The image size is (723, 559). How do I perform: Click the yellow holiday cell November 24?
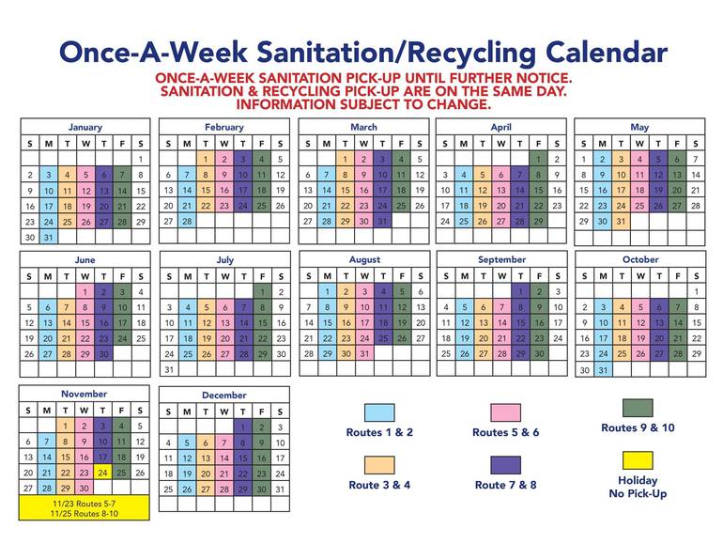pyautogui.click(x=102, y=473)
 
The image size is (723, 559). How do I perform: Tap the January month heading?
pyautogui.click(x=85, y=127)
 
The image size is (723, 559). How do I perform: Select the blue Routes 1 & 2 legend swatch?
pyautogui.click(x=379, y=411)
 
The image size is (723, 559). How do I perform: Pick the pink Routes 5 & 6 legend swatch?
pyautogui.click(x=505, y=411)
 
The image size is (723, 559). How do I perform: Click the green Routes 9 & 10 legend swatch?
pyautogui.click(x=638, y=408)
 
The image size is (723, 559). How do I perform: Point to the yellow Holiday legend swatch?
pyautogui.click(x=638, y=460)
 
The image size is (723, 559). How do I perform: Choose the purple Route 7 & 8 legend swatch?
pyautogui.click(x=505, y=464)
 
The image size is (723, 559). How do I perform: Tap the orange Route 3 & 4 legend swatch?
pyautogui.click(x=379, y=464)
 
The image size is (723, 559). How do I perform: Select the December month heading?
pyautogui.click(x=223, y=395)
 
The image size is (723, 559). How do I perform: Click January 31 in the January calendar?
pyautogui.click(x=48, y=237)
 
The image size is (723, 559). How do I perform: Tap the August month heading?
pyautogui.click(x=363, y=259)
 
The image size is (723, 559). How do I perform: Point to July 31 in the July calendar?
pyautogui.click(x=169, y=369)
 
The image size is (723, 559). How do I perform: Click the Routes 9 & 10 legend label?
pyautogui.click(x=638, y=428)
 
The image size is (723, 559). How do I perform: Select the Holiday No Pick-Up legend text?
pyautogui.click(x=638, y=487)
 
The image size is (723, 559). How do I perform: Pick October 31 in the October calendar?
pyautogui.click(x=603, y=369)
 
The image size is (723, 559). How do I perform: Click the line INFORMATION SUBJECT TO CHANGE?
pyautogui.click(x=363, y=103)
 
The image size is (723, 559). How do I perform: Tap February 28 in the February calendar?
pyautogui.click(x=187, y=222)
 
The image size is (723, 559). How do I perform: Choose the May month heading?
pyautogui.click(x=639, y=127)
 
